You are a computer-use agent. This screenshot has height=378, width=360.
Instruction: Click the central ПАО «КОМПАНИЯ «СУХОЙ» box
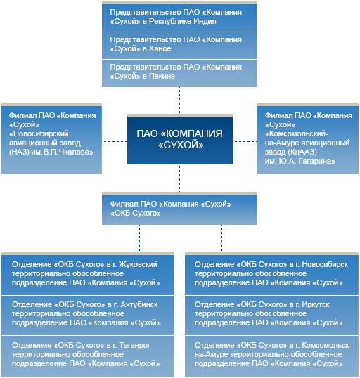tap(180, 139)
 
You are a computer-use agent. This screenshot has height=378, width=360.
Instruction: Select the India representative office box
tap(179, 16)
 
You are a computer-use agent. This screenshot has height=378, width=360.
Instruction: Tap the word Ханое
tap(160, 48)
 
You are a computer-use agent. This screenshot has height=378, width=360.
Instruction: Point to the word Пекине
tap(162, 76)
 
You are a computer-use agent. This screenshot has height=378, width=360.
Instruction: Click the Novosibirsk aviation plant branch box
tap(51, 139)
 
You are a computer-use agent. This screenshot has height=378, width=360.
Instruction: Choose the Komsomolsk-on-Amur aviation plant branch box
tap(308, 139)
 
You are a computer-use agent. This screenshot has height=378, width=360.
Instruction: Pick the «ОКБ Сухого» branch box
tap(179, 209)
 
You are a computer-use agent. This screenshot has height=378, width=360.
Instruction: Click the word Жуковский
tap(139, 264)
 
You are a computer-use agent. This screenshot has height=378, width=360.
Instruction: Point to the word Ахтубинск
tap(139, 304)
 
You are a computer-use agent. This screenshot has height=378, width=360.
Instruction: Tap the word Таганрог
tap(135, 345)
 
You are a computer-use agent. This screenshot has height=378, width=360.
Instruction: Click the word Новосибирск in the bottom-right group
tap(325, 264)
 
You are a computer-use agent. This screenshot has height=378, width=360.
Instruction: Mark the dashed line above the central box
tap(179, 100)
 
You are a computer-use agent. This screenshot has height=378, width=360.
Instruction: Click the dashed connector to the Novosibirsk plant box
tap(115, 141)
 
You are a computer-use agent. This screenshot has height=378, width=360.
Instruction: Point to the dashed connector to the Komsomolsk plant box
tap(245, 141)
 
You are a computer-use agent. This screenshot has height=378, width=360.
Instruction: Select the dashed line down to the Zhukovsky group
tap(139, 238)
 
